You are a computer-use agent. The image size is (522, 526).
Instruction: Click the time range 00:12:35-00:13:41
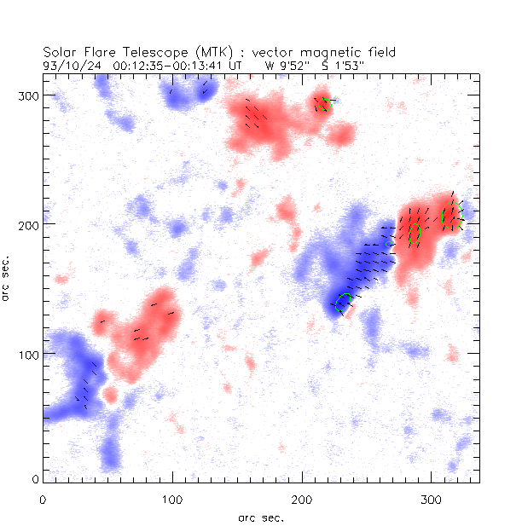162,64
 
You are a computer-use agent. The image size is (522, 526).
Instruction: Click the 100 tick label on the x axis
172,500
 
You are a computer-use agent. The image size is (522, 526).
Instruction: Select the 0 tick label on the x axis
43,500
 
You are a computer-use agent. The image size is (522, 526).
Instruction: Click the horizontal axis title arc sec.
261,517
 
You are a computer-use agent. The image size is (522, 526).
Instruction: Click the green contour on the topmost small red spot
324,104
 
